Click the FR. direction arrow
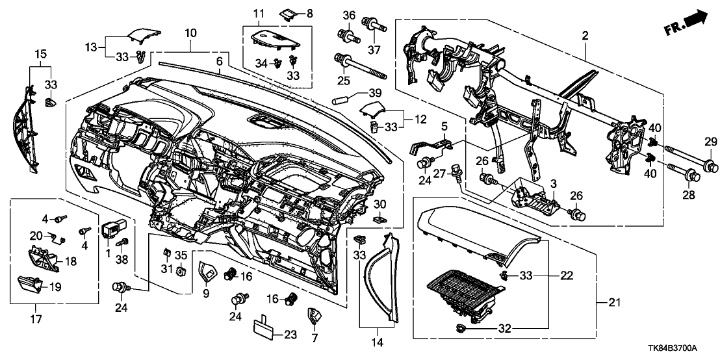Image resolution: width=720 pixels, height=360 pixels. coord(686,25)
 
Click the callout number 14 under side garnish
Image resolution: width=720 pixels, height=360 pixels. coord(376,342)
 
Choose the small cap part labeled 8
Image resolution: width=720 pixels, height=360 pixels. coord(288,12)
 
